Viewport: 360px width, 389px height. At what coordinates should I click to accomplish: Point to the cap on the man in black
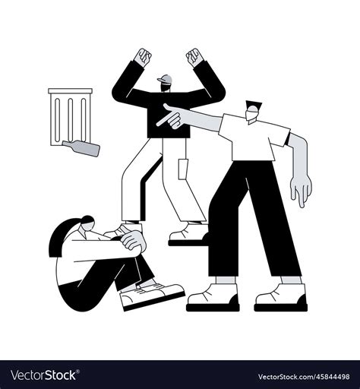coord(166,79)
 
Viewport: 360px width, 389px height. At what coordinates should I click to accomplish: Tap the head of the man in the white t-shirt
coord(254,111)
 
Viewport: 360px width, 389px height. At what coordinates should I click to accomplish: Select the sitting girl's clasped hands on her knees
coord(134,241)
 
